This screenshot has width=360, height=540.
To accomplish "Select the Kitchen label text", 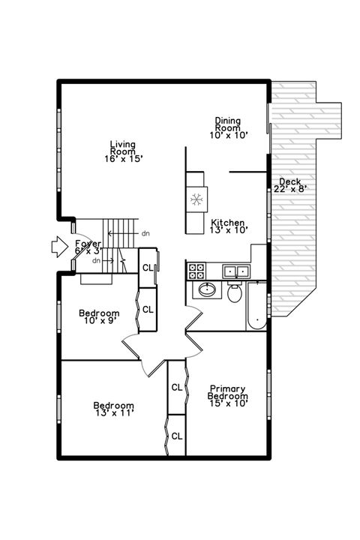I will [228, 222].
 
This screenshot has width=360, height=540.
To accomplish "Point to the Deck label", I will [289, 181].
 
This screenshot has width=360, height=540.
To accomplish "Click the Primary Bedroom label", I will [227, 391].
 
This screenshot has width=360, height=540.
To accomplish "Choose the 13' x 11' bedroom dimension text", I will [114, 412].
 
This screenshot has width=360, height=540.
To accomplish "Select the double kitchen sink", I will [237, 271].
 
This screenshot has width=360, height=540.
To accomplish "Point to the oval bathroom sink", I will [204, 291].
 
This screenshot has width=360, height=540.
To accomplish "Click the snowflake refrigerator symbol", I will [196, 199].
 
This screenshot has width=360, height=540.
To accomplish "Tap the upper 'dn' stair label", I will [145, 233].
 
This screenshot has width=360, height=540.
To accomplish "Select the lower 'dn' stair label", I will [97, 260].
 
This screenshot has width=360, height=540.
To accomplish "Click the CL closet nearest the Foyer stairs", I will [147, 268].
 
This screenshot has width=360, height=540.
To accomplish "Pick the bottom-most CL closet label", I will [176, 435].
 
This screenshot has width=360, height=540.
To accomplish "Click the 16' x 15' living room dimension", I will [122, 158].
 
